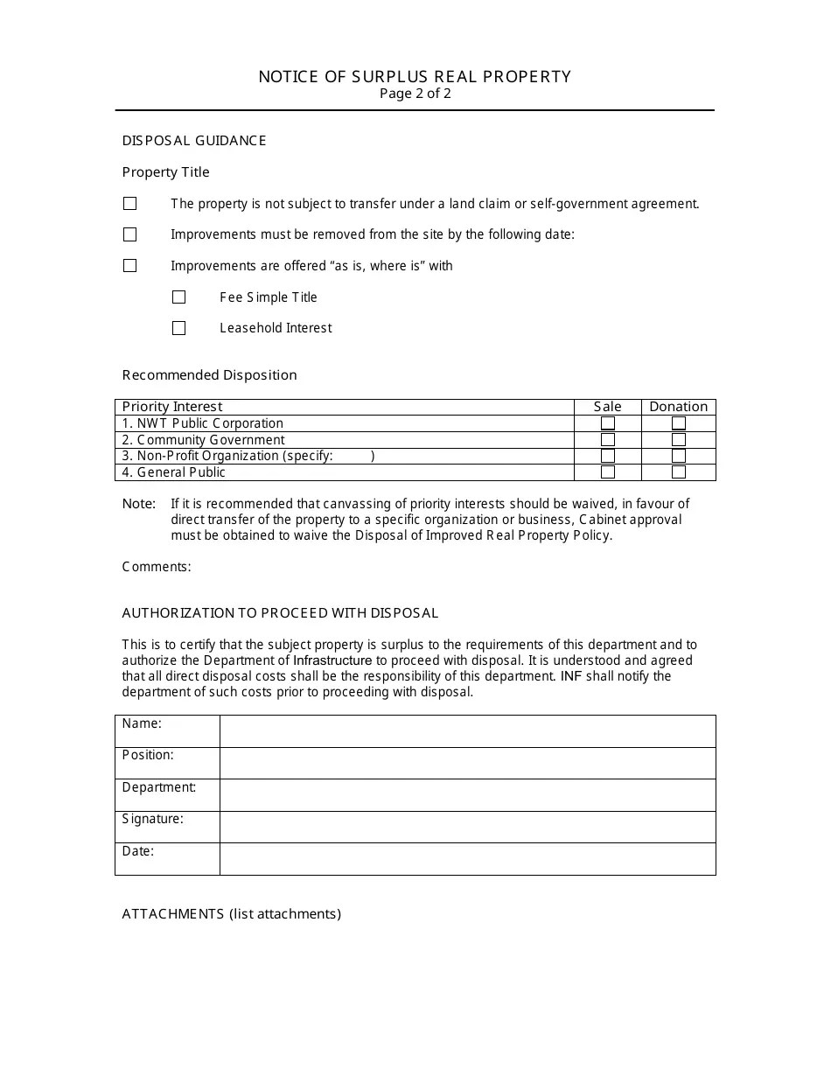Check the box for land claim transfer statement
(x=130, y=204)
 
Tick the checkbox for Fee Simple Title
(x=179, y=297)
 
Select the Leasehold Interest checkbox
(x=179, y=328)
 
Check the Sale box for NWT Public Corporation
(x=608, y=423)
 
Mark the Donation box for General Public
(x=679, y=472)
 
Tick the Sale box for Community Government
(x=608, y=440)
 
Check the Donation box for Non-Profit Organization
(x=679, y=456)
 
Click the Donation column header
(x=678, y=407)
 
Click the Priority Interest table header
(x=172, y=407)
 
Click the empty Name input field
(x=467, y=731)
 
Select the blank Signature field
(x=467, y=827)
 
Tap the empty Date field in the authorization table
(x=467, y=859)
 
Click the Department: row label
(x=159, y=787)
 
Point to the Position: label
(x=148, y=755)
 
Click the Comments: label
(x=157, y=567)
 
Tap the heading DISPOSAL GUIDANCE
(x=194, y=141)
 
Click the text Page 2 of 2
(x=415, y=94)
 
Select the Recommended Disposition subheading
(x=210, y=375)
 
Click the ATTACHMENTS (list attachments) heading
(x=232, y=914)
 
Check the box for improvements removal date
(x=130, y=234)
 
